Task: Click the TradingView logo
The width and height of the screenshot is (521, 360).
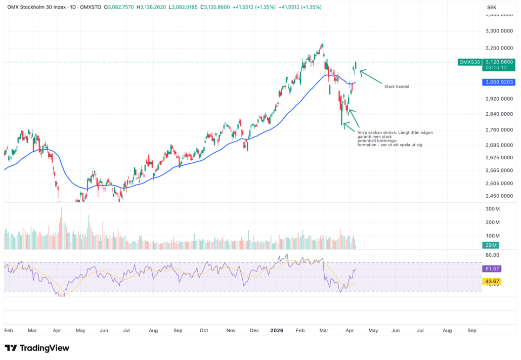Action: click(x=37, y=348)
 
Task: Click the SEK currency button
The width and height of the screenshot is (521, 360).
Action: click(x=491, y=8)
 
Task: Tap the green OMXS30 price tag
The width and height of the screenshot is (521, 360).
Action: click(x=469, y=62)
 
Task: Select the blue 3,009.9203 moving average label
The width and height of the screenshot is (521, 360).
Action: click(x=499, y=82)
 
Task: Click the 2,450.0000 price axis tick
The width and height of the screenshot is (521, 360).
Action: click(x=499, y=196)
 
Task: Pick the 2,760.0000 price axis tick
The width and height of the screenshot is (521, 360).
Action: click(x=499, y=130)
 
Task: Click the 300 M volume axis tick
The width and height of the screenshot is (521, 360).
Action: click(x=493, y=209)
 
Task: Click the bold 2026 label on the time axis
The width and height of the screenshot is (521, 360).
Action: click(x=276, y=330)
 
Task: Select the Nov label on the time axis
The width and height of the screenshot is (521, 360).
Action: click(x=231, y=330)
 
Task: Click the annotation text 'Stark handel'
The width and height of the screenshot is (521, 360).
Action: click(x=396, y=86)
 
